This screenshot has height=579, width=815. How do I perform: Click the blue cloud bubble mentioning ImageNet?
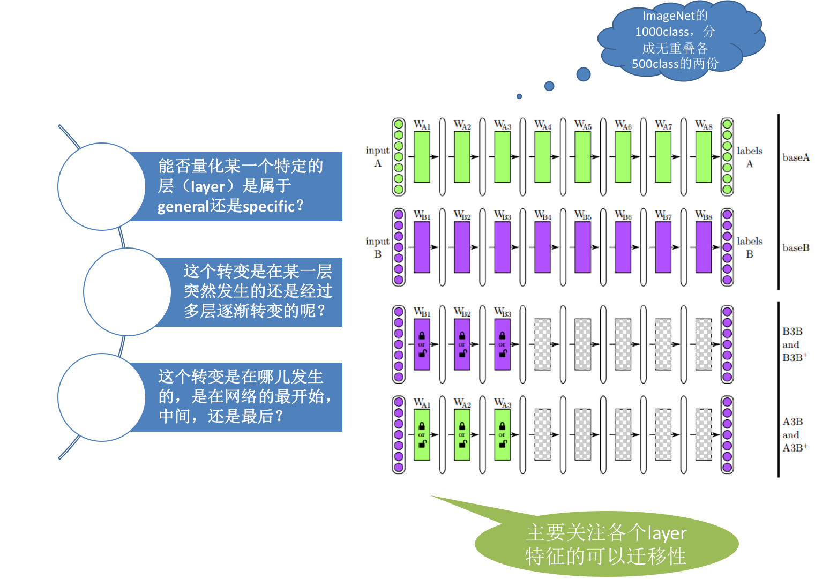pos(678,41)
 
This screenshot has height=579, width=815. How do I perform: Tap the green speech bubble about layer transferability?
pos(606,544)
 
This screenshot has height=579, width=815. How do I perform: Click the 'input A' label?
pos(377,156)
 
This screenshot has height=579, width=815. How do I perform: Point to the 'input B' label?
pos(377,247)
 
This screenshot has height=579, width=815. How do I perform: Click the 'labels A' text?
pos(749,157)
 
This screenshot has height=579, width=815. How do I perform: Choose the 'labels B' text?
pos(749,247)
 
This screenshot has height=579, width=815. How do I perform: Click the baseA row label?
pos(796,157)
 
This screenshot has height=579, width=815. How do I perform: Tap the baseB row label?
pos(796,248)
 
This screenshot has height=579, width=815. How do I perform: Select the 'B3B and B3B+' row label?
pos(794,344)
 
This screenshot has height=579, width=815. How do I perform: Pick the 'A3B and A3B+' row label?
pos(794,435)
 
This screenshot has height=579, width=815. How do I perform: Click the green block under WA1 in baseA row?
pos(422,157)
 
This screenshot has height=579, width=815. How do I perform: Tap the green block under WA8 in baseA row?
pos(703,157)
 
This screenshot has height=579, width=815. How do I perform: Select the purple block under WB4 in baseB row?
pos(542,247)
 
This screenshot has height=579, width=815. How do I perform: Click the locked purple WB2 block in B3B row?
pos(462,344)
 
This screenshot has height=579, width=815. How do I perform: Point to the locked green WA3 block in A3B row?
pos(502,435)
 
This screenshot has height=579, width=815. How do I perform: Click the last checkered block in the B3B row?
pos(703,344)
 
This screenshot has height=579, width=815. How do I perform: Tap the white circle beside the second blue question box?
pos(127,292)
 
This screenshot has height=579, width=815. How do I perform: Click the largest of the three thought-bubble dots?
pos(583,74)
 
